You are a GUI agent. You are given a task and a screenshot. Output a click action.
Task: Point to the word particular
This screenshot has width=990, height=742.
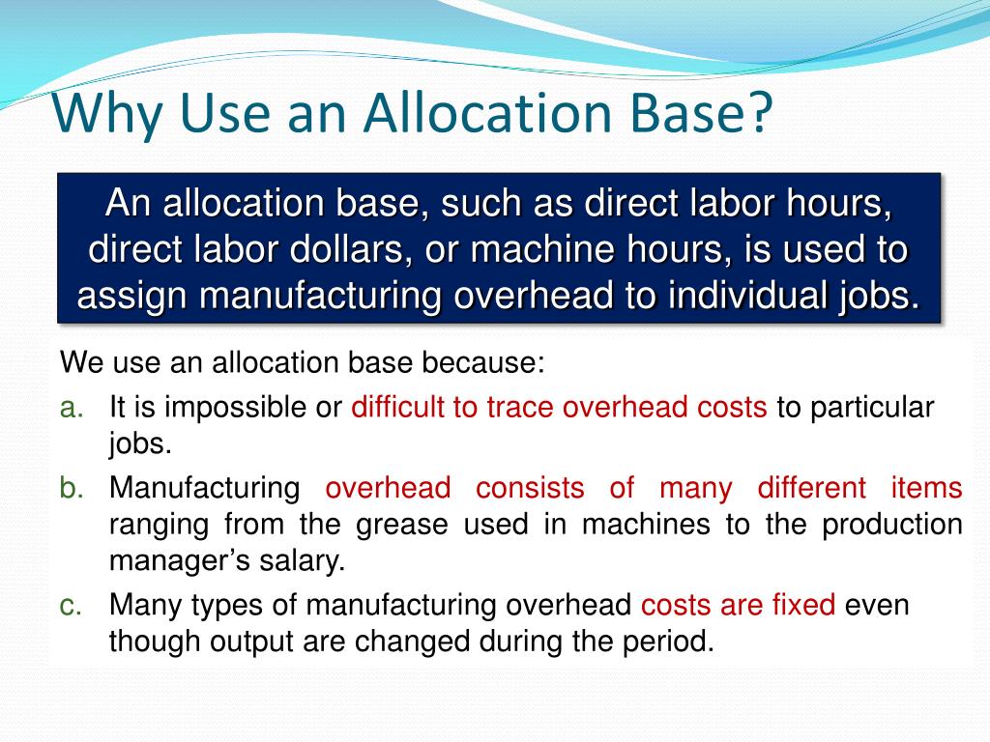[872, 408]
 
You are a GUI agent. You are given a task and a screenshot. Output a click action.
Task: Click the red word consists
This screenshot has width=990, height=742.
[530, 488]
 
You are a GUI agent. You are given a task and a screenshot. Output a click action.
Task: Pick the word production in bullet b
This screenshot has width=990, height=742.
[892, 525]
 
